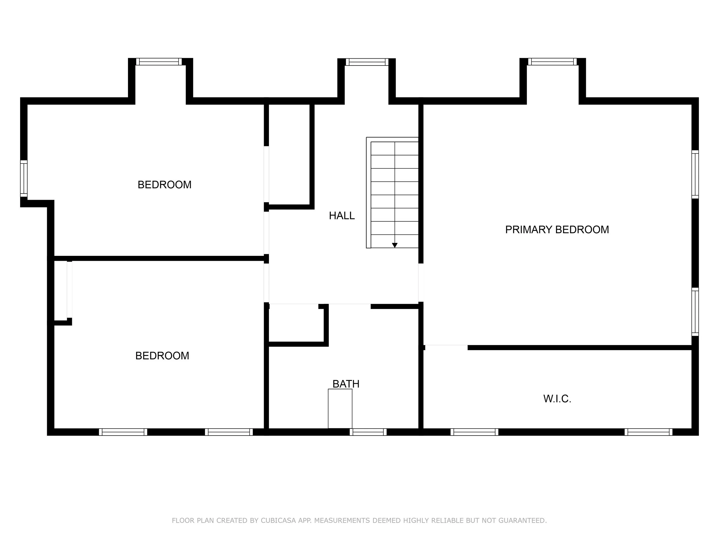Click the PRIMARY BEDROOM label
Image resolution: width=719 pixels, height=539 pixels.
coord(557,230)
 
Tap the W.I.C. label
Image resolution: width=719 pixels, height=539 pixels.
coord(557,399)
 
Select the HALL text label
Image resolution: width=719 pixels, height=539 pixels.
coord(342,216)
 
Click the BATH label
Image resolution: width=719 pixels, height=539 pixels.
coord(346,384)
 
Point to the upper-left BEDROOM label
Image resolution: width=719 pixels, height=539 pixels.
coord(165,185)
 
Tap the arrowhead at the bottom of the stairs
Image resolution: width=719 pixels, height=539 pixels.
coord(395,245)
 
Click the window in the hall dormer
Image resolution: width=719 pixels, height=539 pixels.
coord(367,62)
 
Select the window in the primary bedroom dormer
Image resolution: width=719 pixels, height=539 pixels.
coord(552,62)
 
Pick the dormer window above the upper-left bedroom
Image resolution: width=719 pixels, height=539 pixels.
coord(159,62)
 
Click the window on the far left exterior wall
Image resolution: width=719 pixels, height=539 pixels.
coord(24,178)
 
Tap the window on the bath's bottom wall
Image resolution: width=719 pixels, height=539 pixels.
coord(368,432)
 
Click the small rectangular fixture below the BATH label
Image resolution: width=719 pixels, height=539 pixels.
coord(340,409)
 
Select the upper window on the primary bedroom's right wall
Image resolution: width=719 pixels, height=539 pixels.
coord(695,174)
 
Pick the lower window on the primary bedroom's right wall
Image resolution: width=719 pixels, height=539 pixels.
coord(695,312)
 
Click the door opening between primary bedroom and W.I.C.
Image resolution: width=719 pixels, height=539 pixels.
coord(446,347)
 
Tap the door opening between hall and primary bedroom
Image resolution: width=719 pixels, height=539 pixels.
coord(420,283)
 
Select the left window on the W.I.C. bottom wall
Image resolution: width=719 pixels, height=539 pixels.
coord(474,432)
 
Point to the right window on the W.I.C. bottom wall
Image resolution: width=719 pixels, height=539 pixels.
coord(648,432)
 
